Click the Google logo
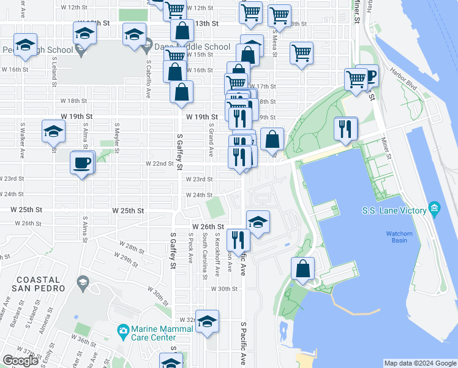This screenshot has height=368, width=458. [20, 361]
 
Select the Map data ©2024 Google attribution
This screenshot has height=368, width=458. [419, 363]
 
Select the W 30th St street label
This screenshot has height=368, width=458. [224, 288]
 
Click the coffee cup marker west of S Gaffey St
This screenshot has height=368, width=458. [82, 163]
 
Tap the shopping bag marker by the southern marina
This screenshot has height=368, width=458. [303, 269]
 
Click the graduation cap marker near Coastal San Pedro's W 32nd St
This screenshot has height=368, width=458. [208, 321]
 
